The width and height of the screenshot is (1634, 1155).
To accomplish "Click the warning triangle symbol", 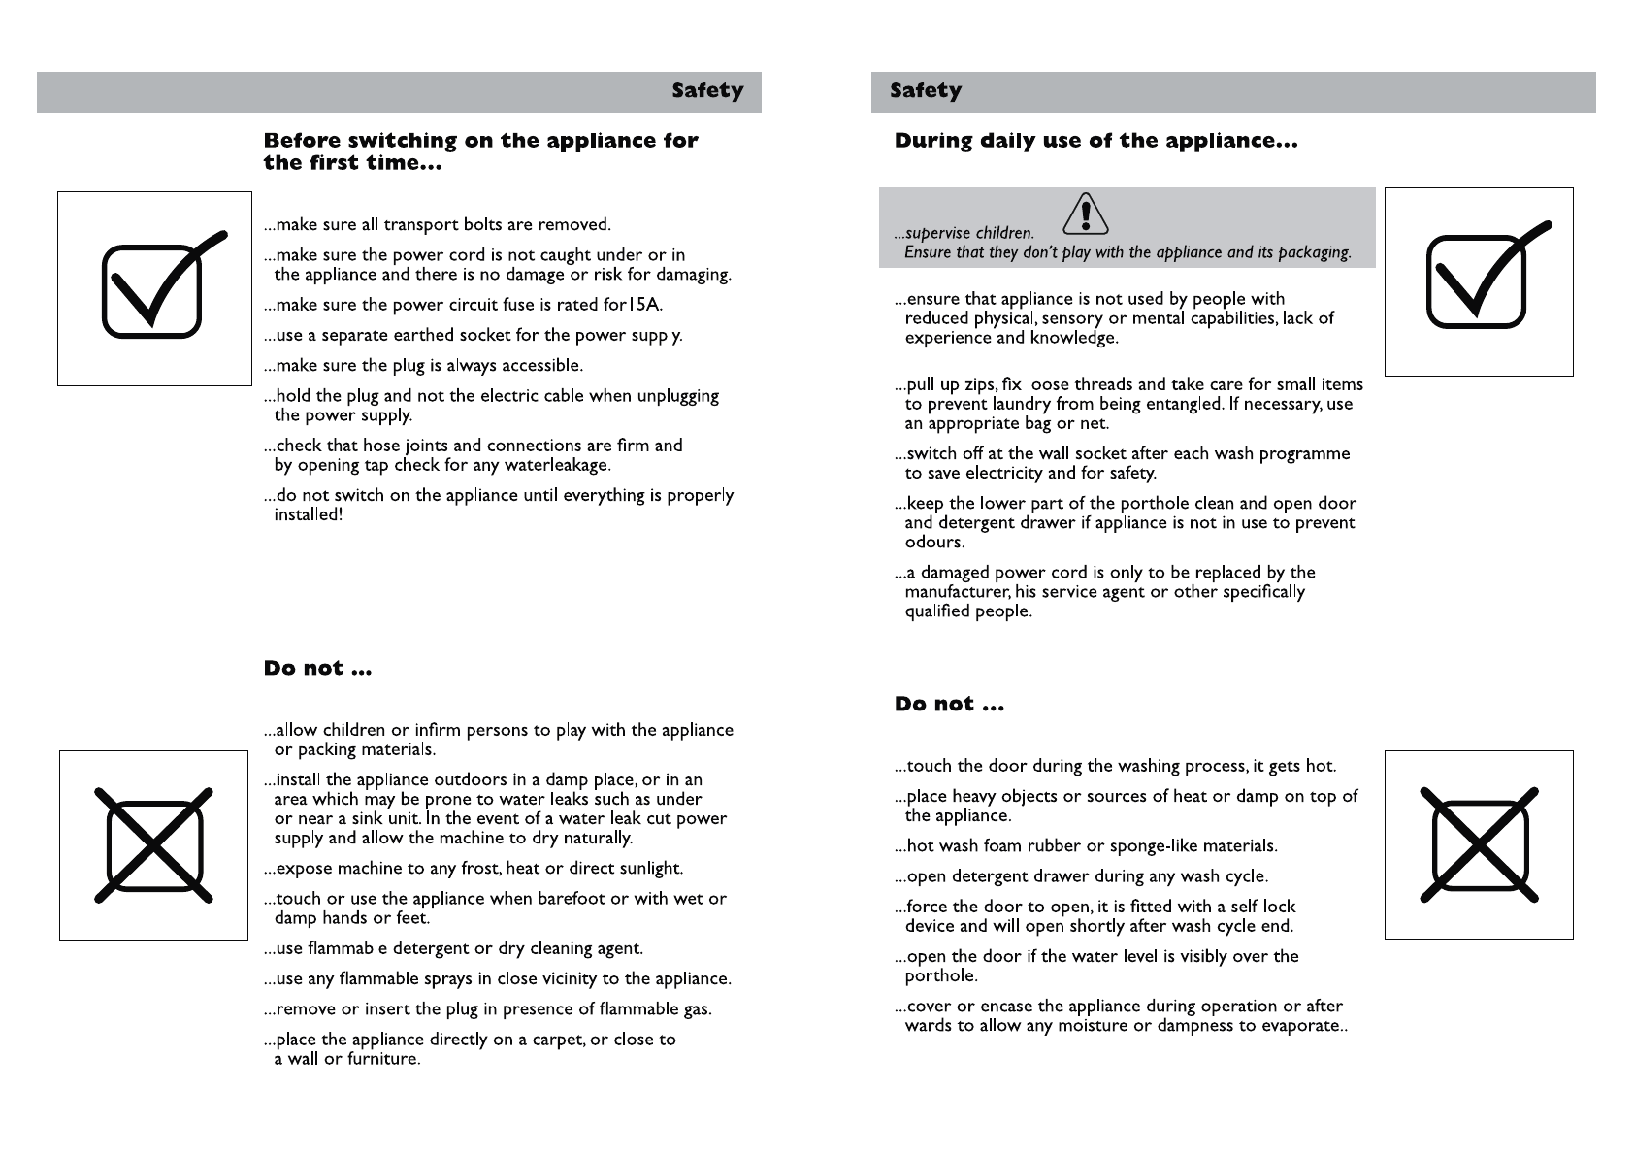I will tap(1086, 214).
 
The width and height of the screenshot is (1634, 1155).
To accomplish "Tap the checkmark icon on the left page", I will tap(155, 288).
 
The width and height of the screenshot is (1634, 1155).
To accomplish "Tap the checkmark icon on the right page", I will tap(1479, 281).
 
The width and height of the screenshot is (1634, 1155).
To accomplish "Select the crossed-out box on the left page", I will tap(153, 844).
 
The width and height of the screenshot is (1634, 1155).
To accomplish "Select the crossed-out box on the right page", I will tap(1479, 844).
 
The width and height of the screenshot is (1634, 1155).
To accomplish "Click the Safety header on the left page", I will tap(707, 91).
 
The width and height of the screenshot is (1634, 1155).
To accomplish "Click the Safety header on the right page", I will tap(926, 91).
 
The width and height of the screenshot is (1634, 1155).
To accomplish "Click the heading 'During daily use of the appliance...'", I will tap(1095, 142).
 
